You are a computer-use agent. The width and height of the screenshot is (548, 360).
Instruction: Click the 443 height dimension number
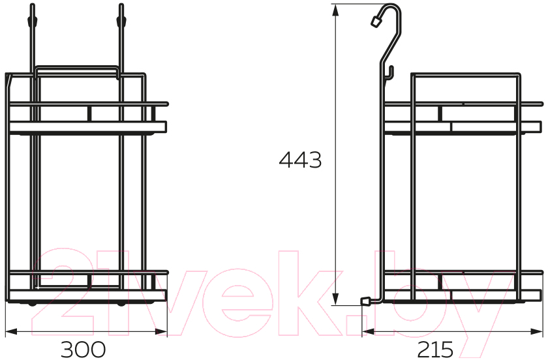tap(300, 160)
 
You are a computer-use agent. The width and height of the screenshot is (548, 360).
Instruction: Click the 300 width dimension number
tap(84, 349)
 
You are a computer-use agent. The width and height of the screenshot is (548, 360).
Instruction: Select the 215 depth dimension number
tap(435, 349)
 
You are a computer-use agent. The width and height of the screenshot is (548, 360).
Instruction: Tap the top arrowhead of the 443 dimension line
tap(335, 10)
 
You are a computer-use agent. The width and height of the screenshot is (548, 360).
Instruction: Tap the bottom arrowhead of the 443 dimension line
tap(335, 299)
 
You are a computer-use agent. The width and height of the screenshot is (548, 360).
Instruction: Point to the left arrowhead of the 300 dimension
tap(12, 331)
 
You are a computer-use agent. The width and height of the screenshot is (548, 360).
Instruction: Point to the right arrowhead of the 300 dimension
tap(161, 331)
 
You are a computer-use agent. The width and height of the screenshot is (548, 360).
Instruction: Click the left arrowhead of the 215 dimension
tap(369, 331)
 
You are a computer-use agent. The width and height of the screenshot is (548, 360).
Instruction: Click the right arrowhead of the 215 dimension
tap(536, 331)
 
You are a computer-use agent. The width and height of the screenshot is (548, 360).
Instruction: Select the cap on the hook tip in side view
tap(376, 22)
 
